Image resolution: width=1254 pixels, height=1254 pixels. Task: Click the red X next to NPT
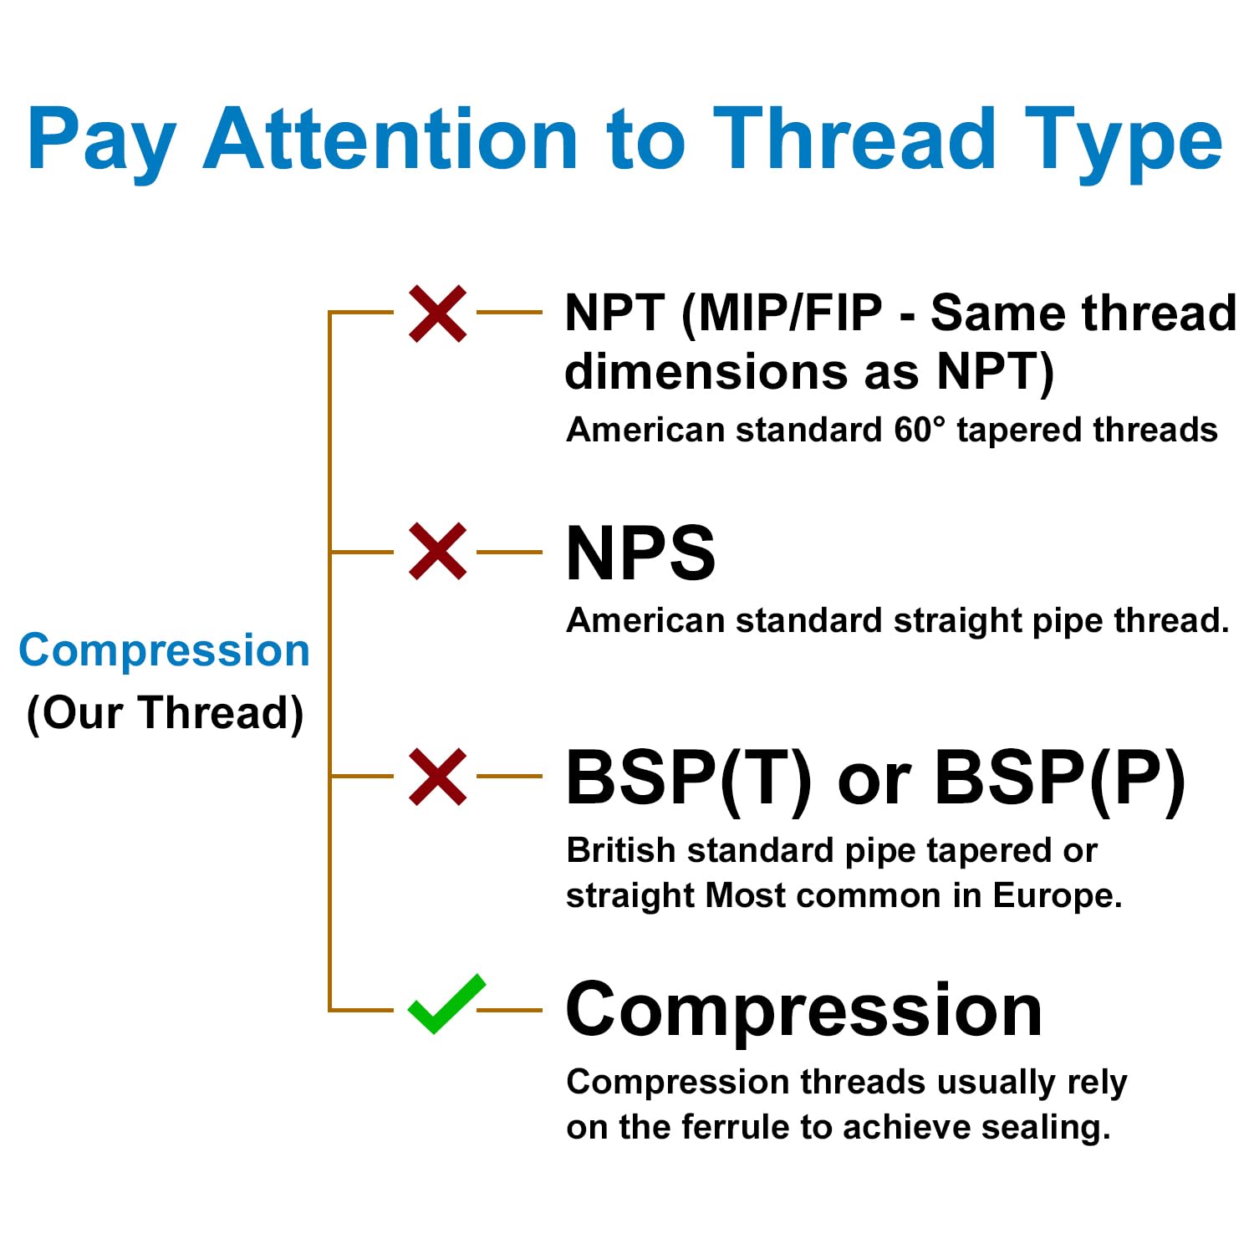pos(437,313)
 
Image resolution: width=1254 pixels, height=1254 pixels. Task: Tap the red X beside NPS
pos(437,552)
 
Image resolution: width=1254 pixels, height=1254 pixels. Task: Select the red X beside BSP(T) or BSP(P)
pos(437,777)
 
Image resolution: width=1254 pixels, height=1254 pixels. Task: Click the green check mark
pos(446,1004)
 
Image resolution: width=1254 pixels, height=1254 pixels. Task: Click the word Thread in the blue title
pos(854,139)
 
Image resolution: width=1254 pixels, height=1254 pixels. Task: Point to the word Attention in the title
pos(391,139)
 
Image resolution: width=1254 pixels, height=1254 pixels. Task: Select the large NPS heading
pos(640,553)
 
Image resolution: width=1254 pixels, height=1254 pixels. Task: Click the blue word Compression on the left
pos(164,651)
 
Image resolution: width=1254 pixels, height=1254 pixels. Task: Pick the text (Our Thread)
pos(165,713)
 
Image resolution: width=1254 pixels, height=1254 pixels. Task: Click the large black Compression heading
pos(804,1011)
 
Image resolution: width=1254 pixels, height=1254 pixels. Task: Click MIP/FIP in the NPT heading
pos(782,314)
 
